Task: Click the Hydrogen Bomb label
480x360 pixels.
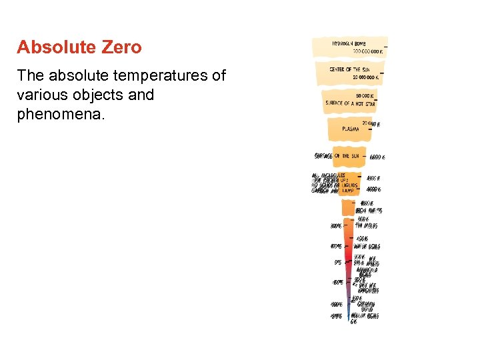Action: (349, 44)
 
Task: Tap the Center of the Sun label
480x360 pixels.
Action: (349, 69)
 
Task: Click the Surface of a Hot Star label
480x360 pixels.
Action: (350, 103)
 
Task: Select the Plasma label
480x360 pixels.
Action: (351, 129)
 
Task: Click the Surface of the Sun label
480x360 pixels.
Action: (337, 156)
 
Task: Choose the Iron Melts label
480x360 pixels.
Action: (369, 210)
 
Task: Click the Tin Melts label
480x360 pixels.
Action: (366, 225)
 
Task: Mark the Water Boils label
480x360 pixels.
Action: (367, 246)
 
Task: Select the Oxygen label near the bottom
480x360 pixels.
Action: (367, 303)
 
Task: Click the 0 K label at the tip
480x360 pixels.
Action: (354, 321)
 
